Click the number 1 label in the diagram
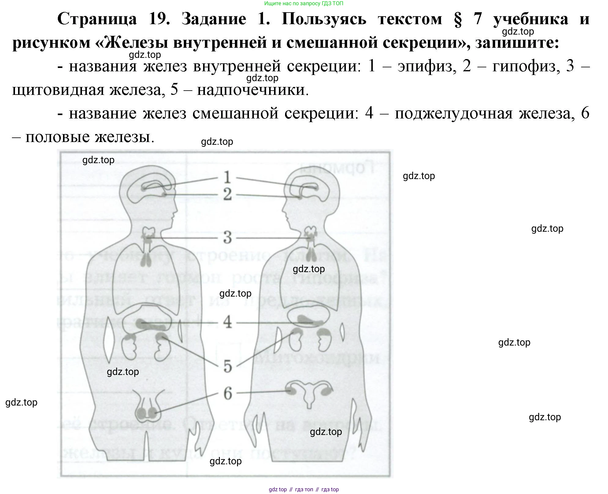227,177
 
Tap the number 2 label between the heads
227,194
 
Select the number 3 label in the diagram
227,238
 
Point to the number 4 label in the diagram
227,322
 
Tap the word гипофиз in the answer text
527,66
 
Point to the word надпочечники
253,90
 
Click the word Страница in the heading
97,19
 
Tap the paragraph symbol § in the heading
458,20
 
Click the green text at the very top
303,3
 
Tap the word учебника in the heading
531,19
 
